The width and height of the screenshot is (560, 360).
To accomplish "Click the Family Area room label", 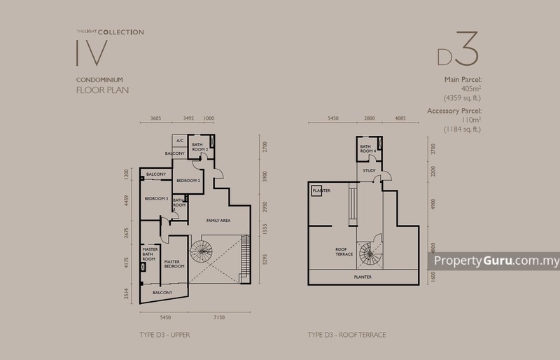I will tap(218, 221).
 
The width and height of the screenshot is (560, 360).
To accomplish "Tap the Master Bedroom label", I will tap(174, 263).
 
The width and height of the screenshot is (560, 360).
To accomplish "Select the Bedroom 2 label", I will tap(188, 181).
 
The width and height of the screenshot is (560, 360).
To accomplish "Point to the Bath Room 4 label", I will tap(368, 148).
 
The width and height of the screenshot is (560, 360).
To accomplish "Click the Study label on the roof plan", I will tap(369, 169).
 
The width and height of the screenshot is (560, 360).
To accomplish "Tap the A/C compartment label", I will tap(179, 140).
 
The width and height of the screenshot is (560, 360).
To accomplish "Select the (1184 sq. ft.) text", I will tap(459, 130).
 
